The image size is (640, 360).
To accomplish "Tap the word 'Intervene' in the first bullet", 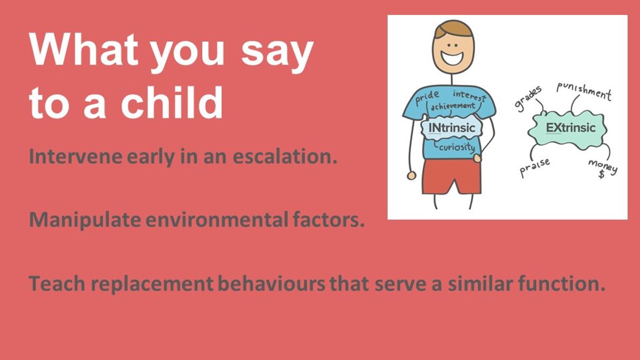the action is tap(76, 157).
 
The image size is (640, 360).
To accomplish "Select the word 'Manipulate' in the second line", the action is tap(85, 220).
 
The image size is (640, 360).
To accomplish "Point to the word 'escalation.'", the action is tap(285, 157).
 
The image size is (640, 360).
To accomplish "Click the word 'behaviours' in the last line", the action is tap(271, 284).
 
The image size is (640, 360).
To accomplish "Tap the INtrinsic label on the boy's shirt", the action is tap(452, 128).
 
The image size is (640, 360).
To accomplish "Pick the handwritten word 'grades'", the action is tap(528, 98).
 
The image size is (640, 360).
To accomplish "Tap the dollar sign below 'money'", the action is tap(602, 174).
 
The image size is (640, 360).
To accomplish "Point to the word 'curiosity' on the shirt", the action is tap(457, 147).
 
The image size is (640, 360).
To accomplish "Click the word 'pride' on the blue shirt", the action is tap(427, 98).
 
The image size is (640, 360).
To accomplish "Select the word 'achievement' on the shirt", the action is tap(453, 106).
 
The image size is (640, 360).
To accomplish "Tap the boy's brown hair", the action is tap(453, 29).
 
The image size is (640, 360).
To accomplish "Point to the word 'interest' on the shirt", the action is tap(469, 96).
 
